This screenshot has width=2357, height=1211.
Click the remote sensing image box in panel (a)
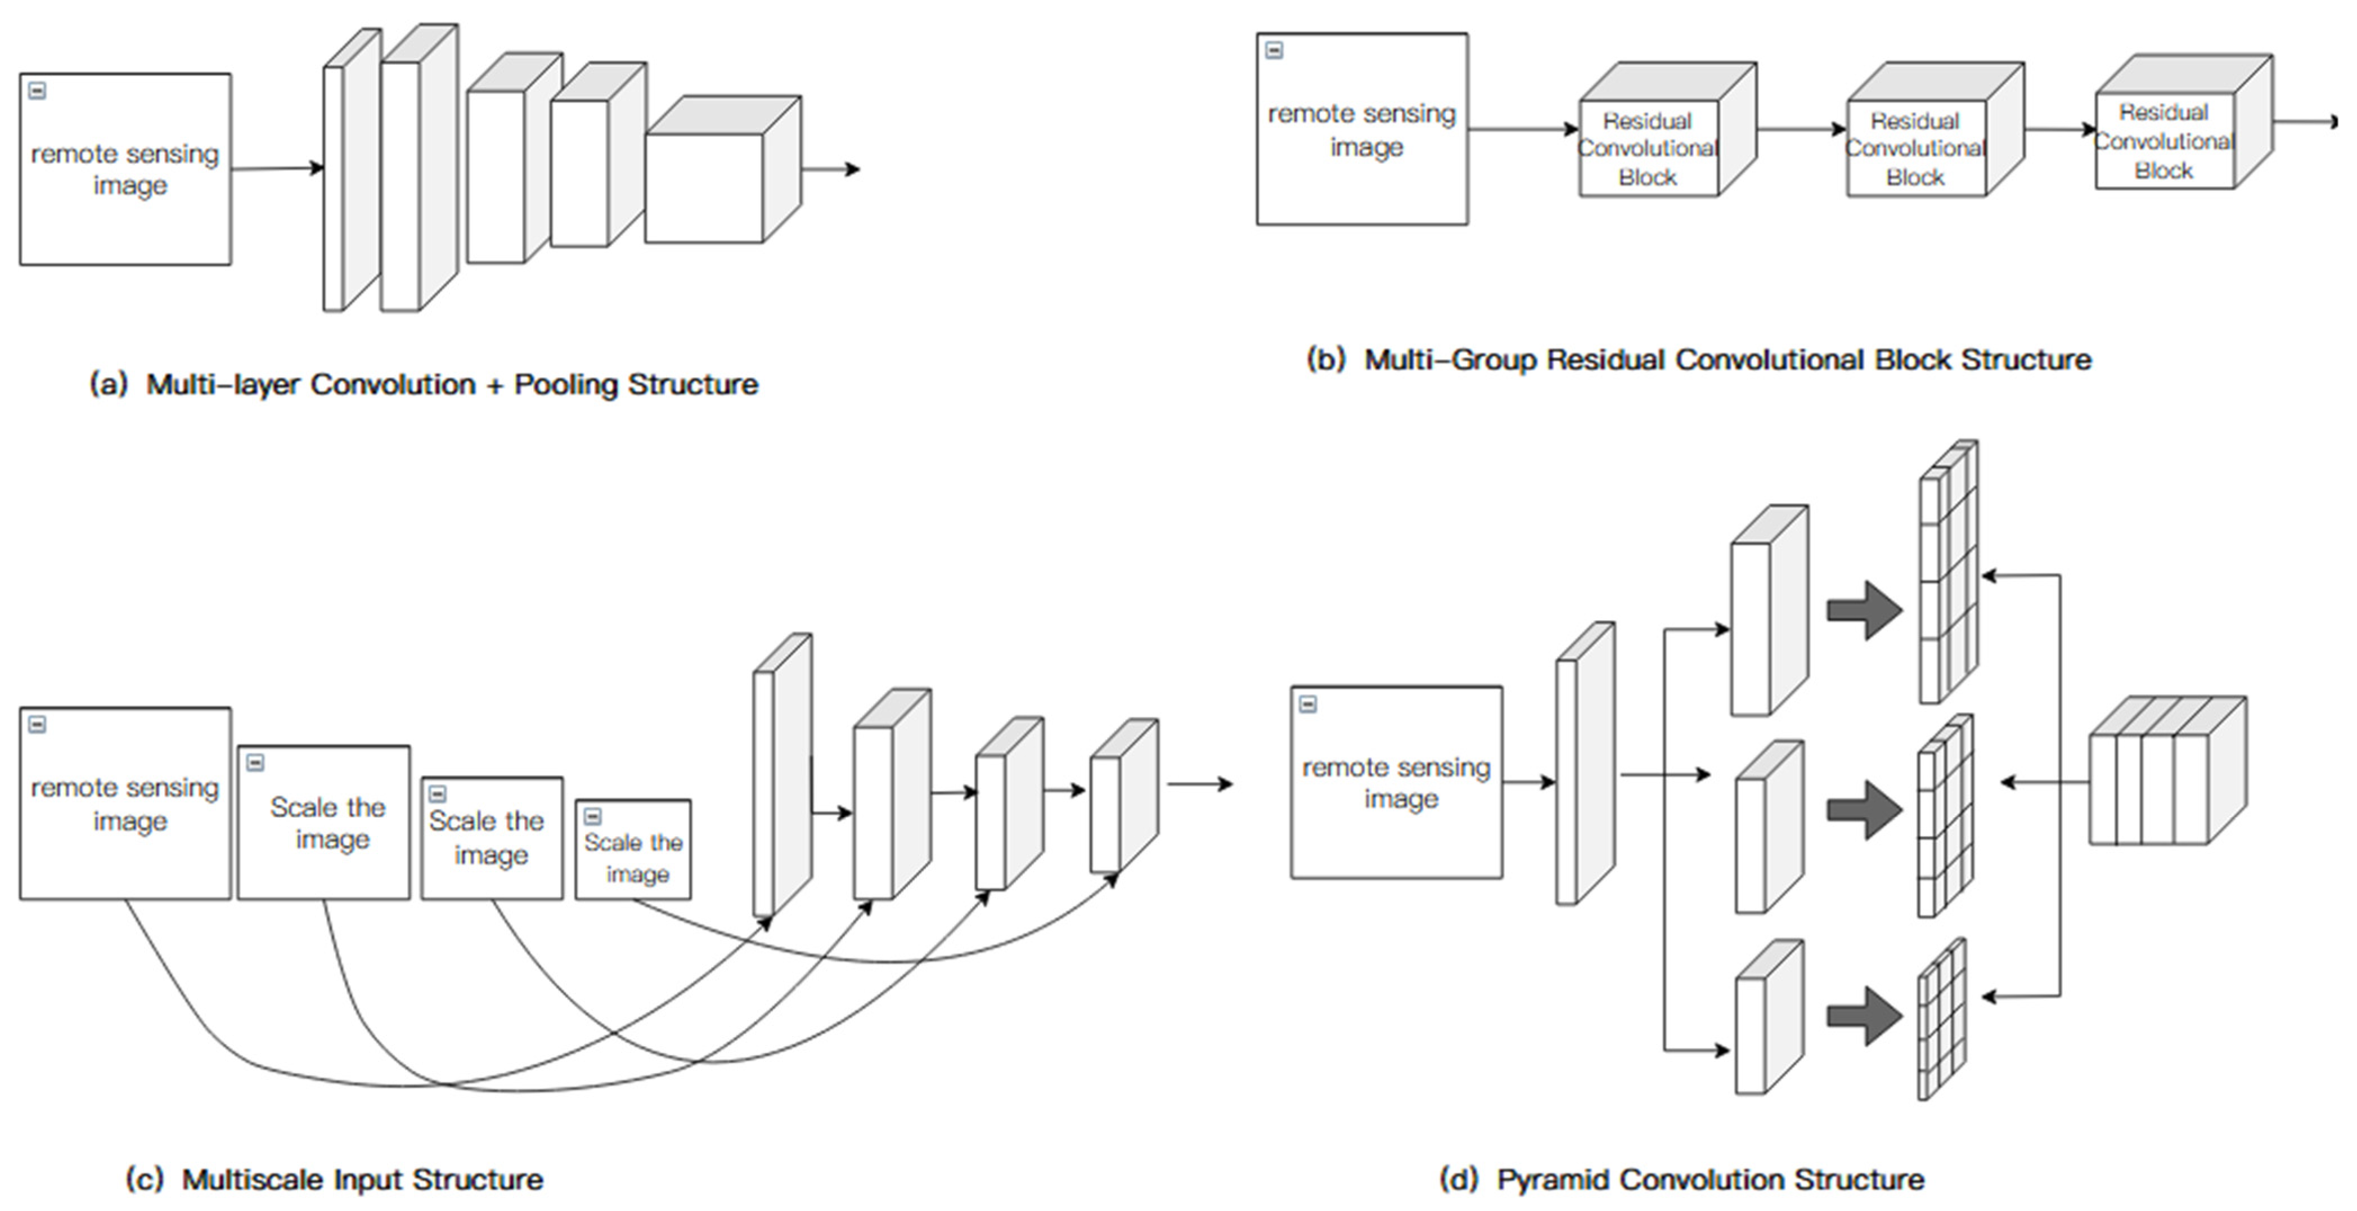[x=125, y=169]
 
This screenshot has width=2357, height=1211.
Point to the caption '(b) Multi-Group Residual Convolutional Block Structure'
[x=1698, y=360]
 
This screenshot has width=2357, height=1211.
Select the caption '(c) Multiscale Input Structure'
[x=334, y=1179]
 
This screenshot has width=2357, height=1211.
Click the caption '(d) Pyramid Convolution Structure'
[x=1682, y=1179]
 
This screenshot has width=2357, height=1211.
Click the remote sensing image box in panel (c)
[x=125, y=804]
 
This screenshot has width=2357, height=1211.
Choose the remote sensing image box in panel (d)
[x=1396, y=783]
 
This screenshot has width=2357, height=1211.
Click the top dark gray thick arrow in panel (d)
[x=1864, y=611]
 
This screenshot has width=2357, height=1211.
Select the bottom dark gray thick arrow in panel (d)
[x=1864, y=1016]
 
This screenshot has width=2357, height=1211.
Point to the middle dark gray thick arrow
[x=1864, y=810]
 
